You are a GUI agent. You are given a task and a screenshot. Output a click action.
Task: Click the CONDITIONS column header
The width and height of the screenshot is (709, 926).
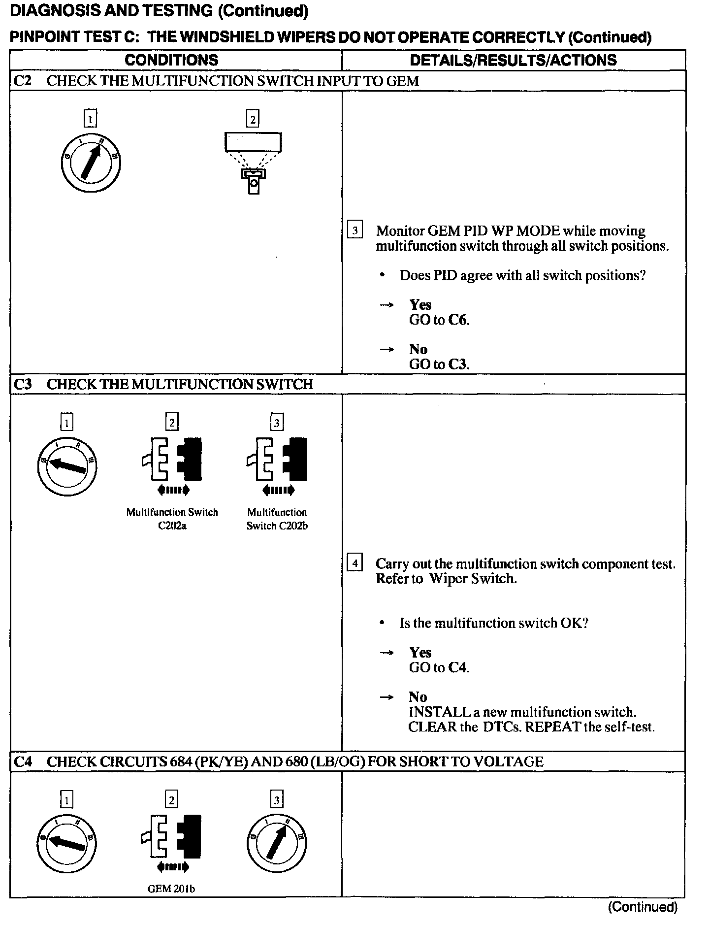click(x=171, y=60)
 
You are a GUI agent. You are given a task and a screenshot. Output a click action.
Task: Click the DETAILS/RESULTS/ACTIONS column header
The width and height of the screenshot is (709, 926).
click(x=513, y=60)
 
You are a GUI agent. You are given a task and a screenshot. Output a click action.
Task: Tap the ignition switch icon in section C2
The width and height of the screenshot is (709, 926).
click(x=91, y=163)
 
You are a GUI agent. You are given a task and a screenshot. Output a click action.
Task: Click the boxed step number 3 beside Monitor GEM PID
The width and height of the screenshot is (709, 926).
click(x=355, y=231)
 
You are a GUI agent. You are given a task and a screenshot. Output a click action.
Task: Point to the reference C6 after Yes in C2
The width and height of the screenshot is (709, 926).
click(x=458, y=320)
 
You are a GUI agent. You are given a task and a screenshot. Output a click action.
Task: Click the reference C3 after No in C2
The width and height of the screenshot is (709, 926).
click(x=458, y=364)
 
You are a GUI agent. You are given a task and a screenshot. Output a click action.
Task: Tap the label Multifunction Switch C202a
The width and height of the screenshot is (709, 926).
click(x=172, y=519)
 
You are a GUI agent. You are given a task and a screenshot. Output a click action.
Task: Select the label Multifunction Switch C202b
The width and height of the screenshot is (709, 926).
click(x=277, y=519)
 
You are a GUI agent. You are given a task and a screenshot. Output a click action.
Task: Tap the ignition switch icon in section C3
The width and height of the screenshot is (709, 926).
click(x=67, y=466)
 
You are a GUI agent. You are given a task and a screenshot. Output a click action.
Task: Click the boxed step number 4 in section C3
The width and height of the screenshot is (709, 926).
click(x=355, y=562)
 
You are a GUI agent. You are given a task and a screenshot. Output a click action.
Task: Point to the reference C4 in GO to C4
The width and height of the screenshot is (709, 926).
click(x=458, y=668)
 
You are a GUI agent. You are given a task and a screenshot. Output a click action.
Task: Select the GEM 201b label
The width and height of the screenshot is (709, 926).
click(x=171, y=889)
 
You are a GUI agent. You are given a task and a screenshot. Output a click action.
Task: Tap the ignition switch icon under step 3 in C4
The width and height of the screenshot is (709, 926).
click(x=277, y=843)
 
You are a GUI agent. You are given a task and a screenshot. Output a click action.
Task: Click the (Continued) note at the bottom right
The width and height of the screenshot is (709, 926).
click(x=643, y=907)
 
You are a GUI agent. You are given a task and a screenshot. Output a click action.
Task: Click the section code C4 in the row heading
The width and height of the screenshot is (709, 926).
click(x=23, y=762)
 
